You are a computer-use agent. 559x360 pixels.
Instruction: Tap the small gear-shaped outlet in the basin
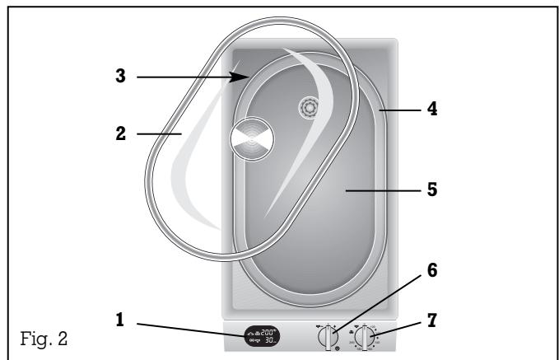(308, 107)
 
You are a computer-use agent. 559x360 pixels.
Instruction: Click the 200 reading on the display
(267, 331)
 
